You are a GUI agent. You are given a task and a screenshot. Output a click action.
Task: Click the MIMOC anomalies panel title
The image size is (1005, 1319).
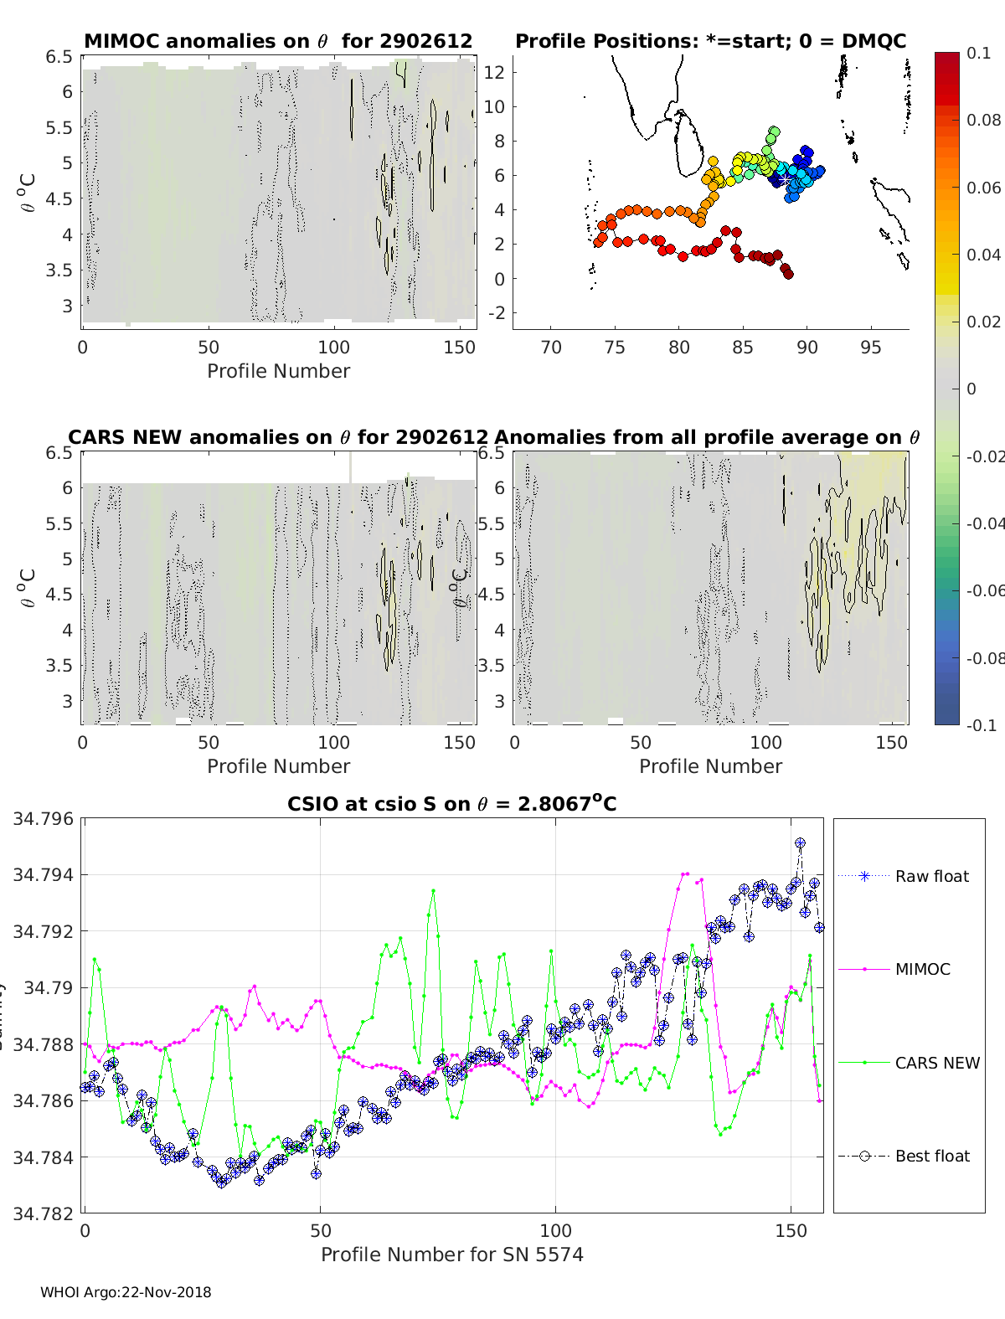(278, 41)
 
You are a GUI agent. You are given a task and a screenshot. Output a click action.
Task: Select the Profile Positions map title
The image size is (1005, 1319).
(710, 41)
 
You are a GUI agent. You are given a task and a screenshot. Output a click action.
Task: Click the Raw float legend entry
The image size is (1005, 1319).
(931, 876)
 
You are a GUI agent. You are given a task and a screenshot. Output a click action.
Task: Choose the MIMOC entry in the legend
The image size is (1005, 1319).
(922, 969)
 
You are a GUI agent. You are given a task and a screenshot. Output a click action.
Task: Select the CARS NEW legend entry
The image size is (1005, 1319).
(936, 1063)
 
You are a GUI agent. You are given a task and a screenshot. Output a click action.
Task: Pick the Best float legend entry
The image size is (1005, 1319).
(931, 1156)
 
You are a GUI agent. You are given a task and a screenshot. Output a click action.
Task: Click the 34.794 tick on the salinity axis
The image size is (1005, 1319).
(43, 875)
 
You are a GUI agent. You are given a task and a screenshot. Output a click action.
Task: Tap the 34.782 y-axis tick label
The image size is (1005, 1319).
(43, 1213)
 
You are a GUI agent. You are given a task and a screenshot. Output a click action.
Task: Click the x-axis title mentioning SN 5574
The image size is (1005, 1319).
(452, 1255)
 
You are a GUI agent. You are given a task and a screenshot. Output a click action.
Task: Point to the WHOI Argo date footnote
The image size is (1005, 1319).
(126, 1292)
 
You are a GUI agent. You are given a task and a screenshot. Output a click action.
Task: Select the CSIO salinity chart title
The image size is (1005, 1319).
(452, 804)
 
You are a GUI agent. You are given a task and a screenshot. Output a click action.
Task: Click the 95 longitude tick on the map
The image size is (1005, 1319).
(871, 347)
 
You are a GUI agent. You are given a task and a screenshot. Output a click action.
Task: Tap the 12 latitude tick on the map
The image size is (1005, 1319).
(494, 72)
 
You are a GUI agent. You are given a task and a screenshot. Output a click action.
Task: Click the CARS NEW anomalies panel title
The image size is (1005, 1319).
(278, 437)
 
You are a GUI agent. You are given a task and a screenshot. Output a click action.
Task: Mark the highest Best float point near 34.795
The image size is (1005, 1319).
(800, 843)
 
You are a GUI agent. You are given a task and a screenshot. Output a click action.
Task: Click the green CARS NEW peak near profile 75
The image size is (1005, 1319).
(433, 890)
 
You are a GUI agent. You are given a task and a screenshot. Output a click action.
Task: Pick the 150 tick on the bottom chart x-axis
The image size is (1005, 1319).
(791, 1230)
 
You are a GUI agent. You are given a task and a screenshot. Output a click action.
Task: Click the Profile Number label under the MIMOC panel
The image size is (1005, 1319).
(278, 371)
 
